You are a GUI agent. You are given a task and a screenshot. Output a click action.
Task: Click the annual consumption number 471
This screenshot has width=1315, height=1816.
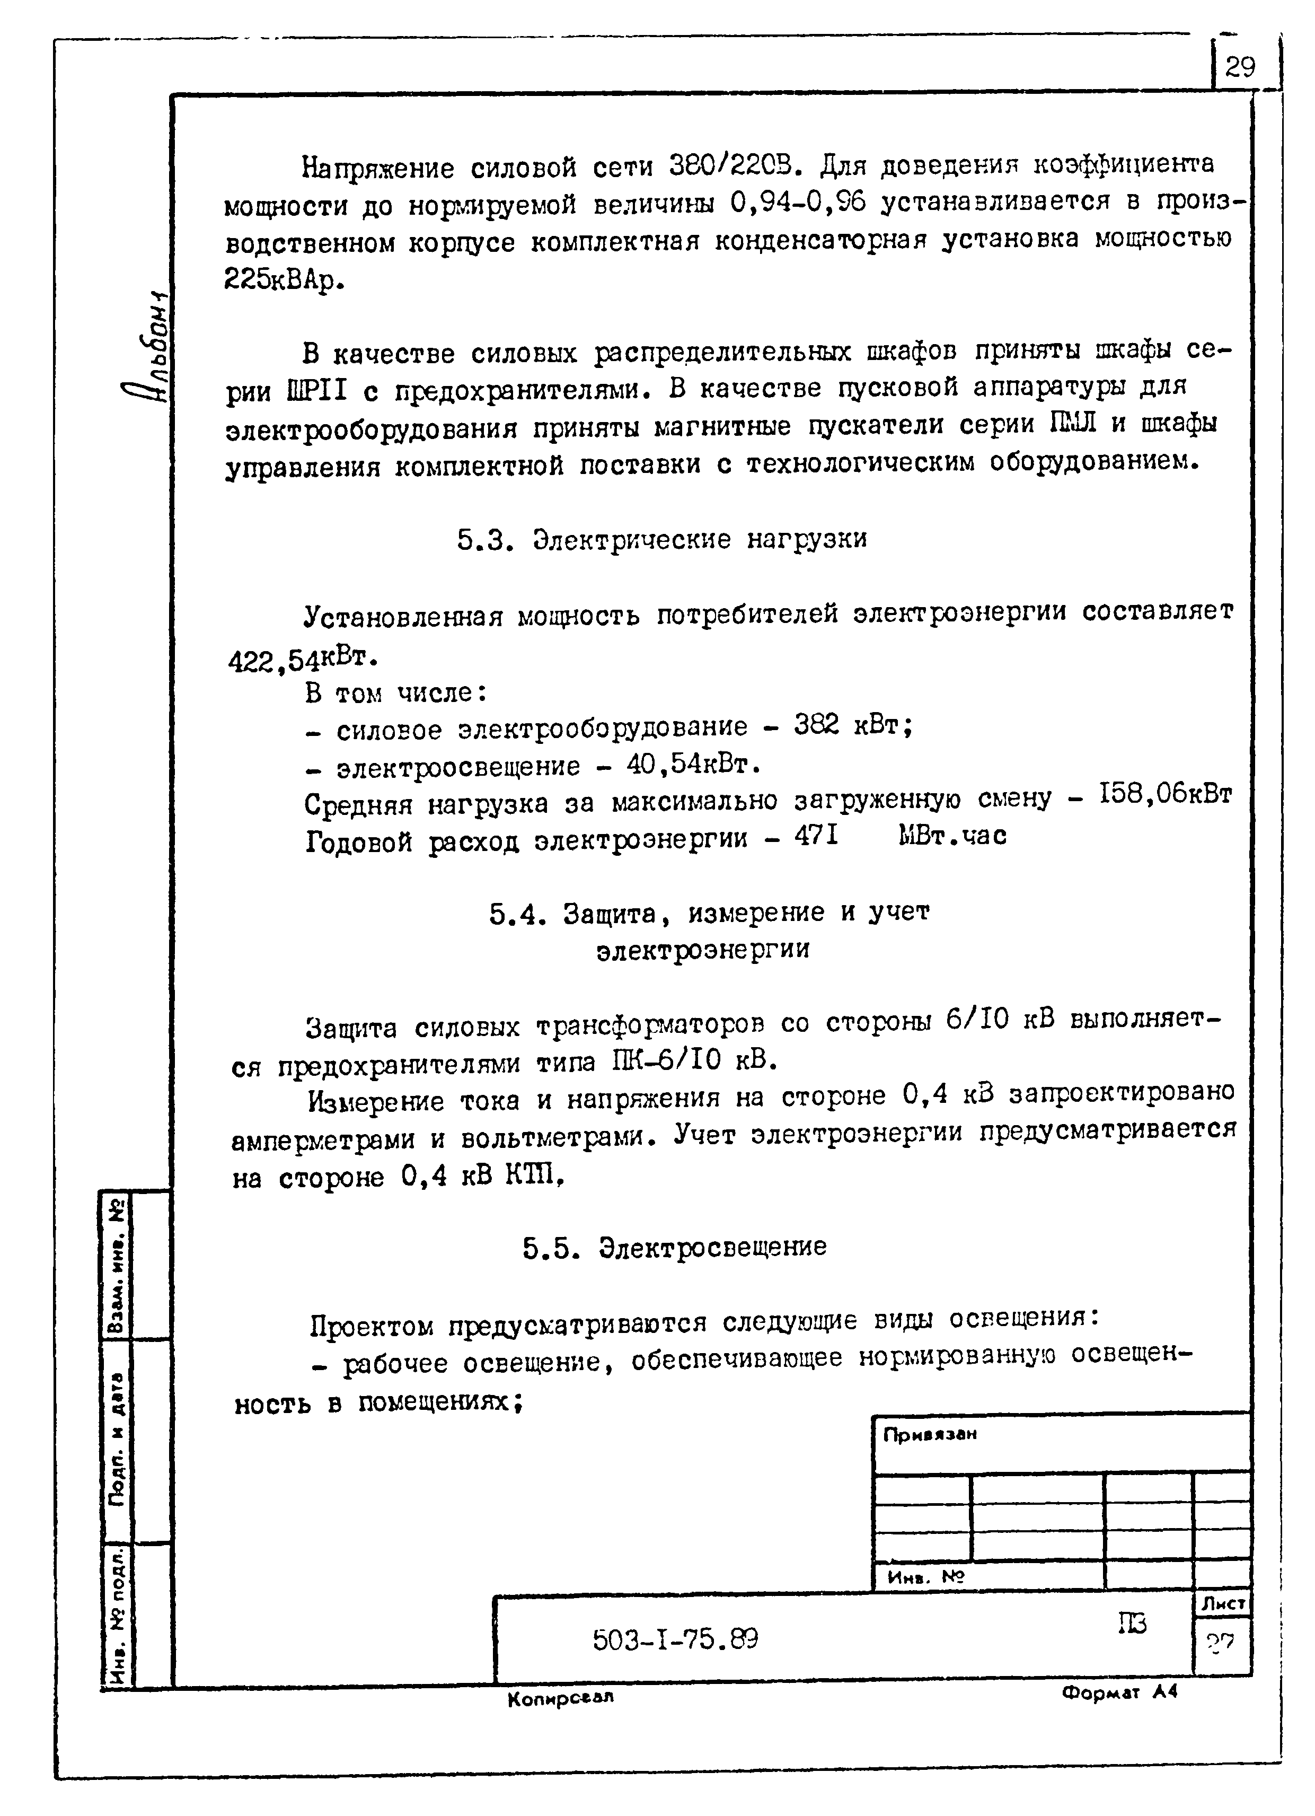(816, 836)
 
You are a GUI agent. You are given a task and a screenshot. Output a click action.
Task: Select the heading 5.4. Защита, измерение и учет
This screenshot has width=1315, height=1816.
(709, 913)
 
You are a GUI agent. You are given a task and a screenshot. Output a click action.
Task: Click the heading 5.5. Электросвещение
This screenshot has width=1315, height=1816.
(675, 1247)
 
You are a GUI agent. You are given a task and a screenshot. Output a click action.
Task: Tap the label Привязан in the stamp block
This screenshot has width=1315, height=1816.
(930, 1435)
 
